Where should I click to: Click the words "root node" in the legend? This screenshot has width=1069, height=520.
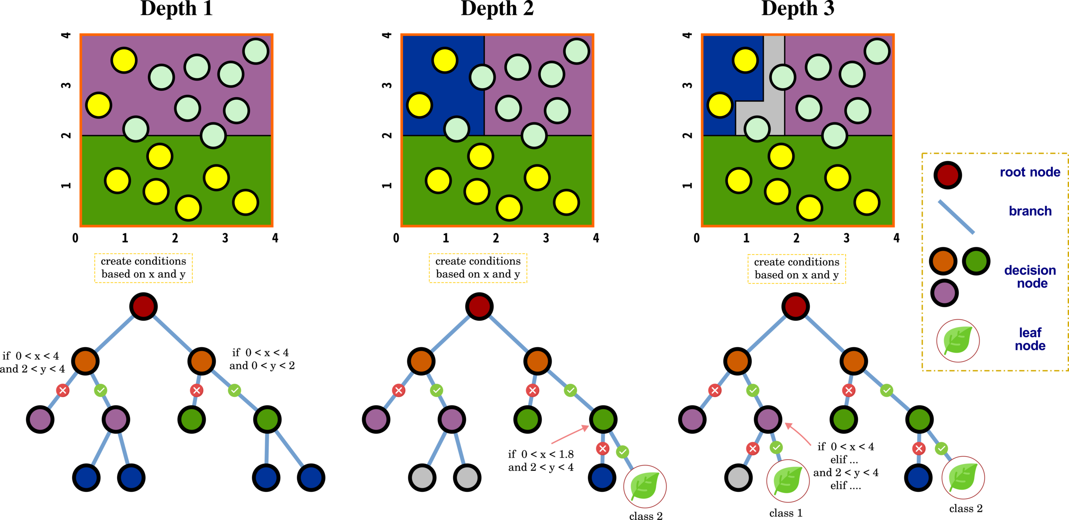click(x=1030, y=172)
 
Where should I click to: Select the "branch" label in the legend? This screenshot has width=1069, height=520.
click(x=1030, y=211)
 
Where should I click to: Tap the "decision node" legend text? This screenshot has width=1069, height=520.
click(x=1030, y=276)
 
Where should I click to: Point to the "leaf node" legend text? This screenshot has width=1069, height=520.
click(x=1030, y=339)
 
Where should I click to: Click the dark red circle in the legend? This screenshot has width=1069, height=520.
click(x=948, y=175)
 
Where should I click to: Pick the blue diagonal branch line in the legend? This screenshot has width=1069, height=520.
click(x=956, y=217)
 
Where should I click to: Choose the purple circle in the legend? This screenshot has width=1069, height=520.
click(x=945, y=293)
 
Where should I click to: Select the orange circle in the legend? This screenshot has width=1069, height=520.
click(x=943, y=261)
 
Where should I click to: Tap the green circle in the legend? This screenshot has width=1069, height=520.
click(x=976, y=261)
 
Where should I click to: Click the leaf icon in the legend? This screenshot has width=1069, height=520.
click(x=958, y=341)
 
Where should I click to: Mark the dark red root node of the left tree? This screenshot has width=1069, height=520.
click(x=143, y=306)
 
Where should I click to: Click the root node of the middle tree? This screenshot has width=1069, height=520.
click(x=479, y=306)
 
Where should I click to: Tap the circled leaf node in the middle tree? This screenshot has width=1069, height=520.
click(x=645, y=486)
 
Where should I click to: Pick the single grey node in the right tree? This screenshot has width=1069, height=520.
click(x=738, y=478)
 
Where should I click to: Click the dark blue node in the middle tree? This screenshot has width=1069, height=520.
click(x=602, y=478)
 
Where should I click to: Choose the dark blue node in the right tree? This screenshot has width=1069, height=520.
click(x=918, y=478)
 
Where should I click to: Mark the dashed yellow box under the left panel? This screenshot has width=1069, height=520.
click(x=143, y=268)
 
